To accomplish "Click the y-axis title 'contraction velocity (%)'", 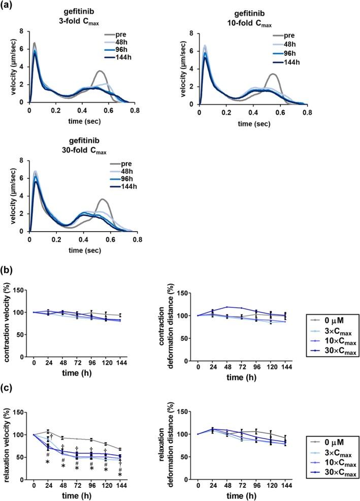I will (x=9, y=324).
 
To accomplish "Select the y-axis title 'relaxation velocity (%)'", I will (x=9, y=447).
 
